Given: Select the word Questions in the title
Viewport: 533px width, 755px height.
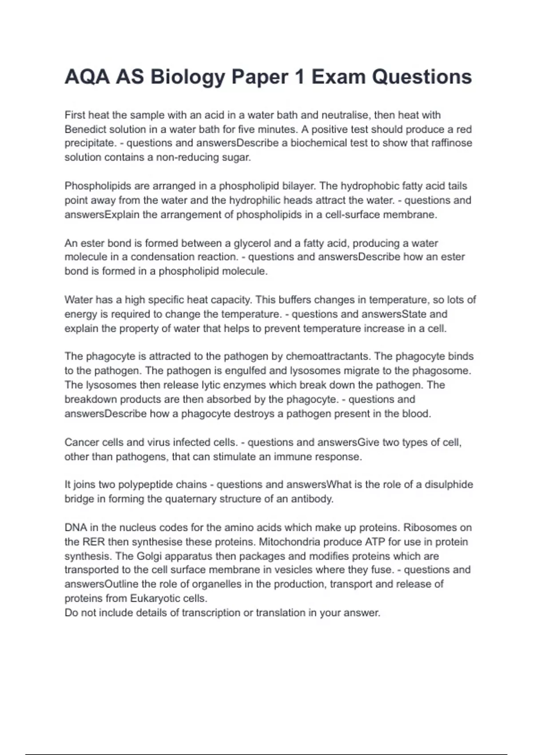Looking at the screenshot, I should click(x=422, y=77).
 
